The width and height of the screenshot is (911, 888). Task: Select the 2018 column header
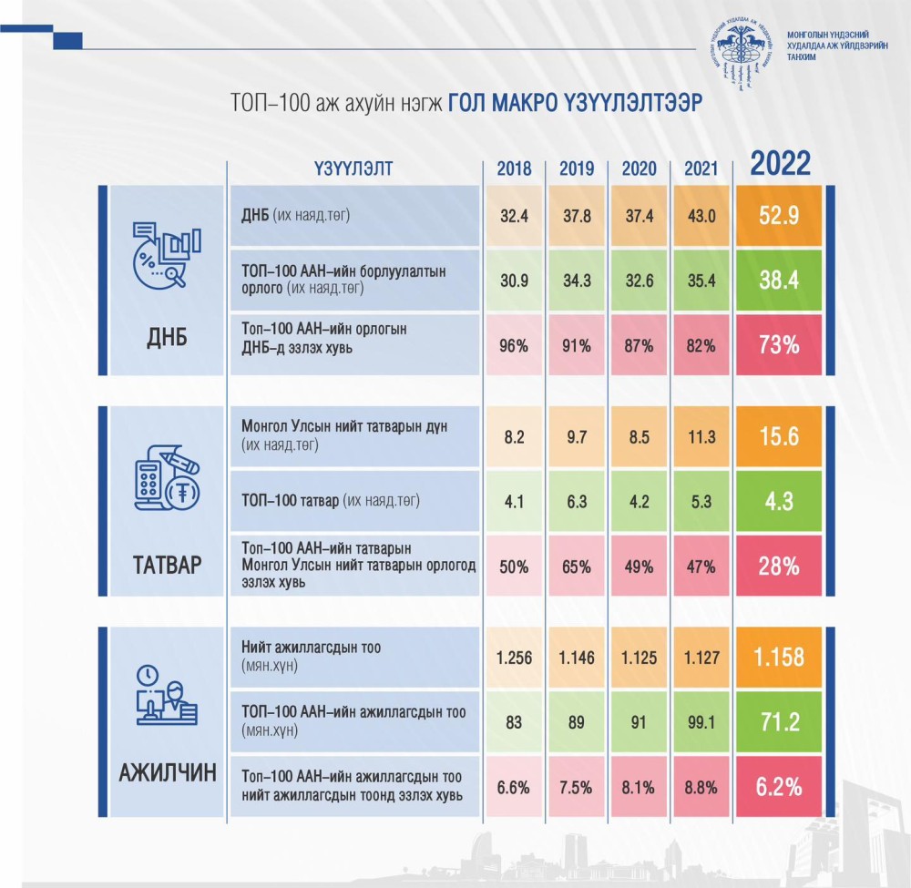pyautogui.click(x=514, y=168)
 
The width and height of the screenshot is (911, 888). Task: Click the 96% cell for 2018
pyautogui.click(x=514, y=345)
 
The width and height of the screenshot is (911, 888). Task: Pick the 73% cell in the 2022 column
pyautogui.click(x=780, y=345)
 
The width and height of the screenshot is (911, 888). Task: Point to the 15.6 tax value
pyautogui.click(x=780, y=436)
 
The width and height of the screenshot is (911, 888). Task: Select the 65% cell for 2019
pyautogui.click(x=577, y=566)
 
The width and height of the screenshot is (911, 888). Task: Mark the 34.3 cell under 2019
pyautogui.click(x=577, y=281)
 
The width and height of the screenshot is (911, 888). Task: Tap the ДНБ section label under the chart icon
pyautogui.click(x=160, y=339)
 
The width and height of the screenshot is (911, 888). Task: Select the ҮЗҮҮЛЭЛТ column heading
pyautogui.click(x=353, y=168)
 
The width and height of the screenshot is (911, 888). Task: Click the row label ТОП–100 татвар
pyautogui.click(x=333, y=501)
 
